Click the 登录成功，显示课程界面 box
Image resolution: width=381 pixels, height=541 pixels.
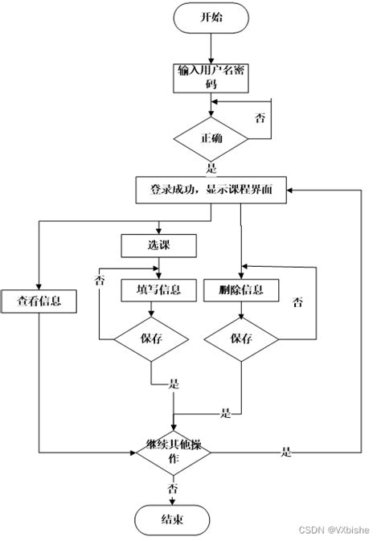point(212,190)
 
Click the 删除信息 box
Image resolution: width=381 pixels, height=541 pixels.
point(241,289)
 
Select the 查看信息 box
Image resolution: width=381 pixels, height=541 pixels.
point(38,301)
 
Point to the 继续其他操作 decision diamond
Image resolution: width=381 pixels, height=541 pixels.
point(174,452)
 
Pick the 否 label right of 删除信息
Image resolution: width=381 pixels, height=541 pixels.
point(297,302)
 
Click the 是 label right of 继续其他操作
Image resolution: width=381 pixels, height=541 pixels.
point(285,452)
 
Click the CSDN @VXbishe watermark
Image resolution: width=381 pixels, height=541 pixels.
point(340,530)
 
